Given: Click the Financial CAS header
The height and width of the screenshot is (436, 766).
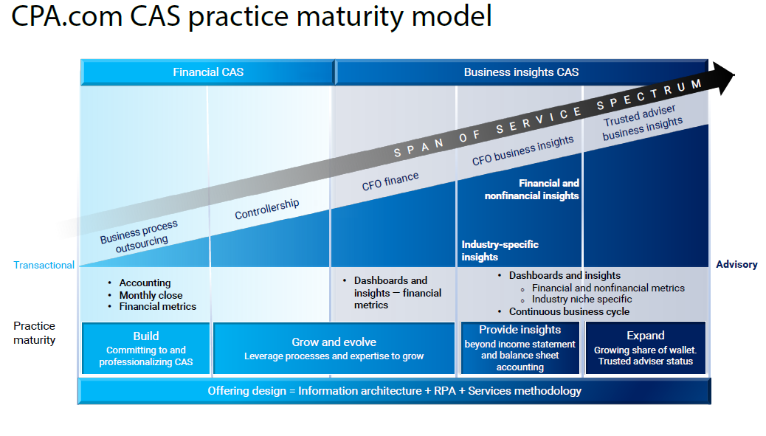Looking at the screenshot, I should (207, 72).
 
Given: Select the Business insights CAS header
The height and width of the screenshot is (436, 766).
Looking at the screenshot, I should (521, 72).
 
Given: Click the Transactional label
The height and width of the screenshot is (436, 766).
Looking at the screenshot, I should (44, 265).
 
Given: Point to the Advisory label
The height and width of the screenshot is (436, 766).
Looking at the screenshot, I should (736, 264).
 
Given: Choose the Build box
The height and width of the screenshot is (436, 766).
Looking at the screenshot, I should (146, 348).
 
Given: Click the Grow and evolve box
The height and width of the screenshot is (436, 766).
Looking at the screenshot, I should (334, 348).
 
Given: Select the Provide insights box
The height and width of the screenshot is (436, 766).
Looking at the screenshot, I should (520, 348).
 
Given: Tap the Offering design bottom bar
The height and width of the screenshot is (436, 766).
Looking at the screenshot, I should (394, 391).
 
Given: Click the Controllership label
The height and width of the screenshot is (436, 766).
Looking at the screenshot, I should (267, 210).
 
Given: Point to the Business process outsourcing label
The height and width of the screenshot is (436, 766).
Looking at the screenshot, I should (140, 235).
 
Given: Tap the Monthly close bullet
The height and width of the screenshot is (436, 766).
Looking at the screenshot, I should (151, 294).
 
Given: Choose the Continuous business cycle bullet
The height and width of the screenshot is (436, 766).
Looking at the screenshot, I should (569, 311).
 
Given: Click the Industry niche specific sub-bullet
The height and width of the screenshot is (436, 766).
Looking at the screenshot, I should (582, 299).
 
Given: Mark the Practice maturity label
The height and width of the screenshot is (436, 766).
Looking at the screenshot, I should (34, 333).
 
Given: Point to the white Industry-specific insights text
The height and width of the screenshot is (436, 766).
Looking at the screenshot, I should (500, 251).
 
